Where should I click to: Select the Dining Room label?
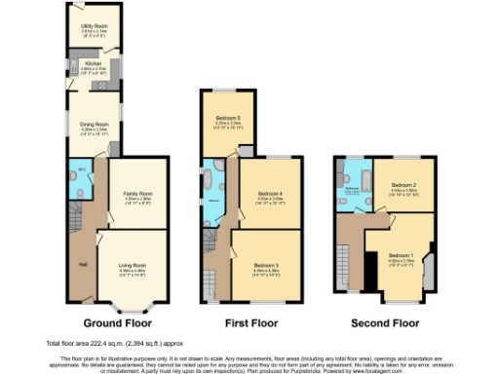click(94, 125)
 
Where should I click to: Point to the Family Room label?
click(137, 195)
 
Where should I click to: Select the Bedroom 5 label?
click(228, 120)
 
